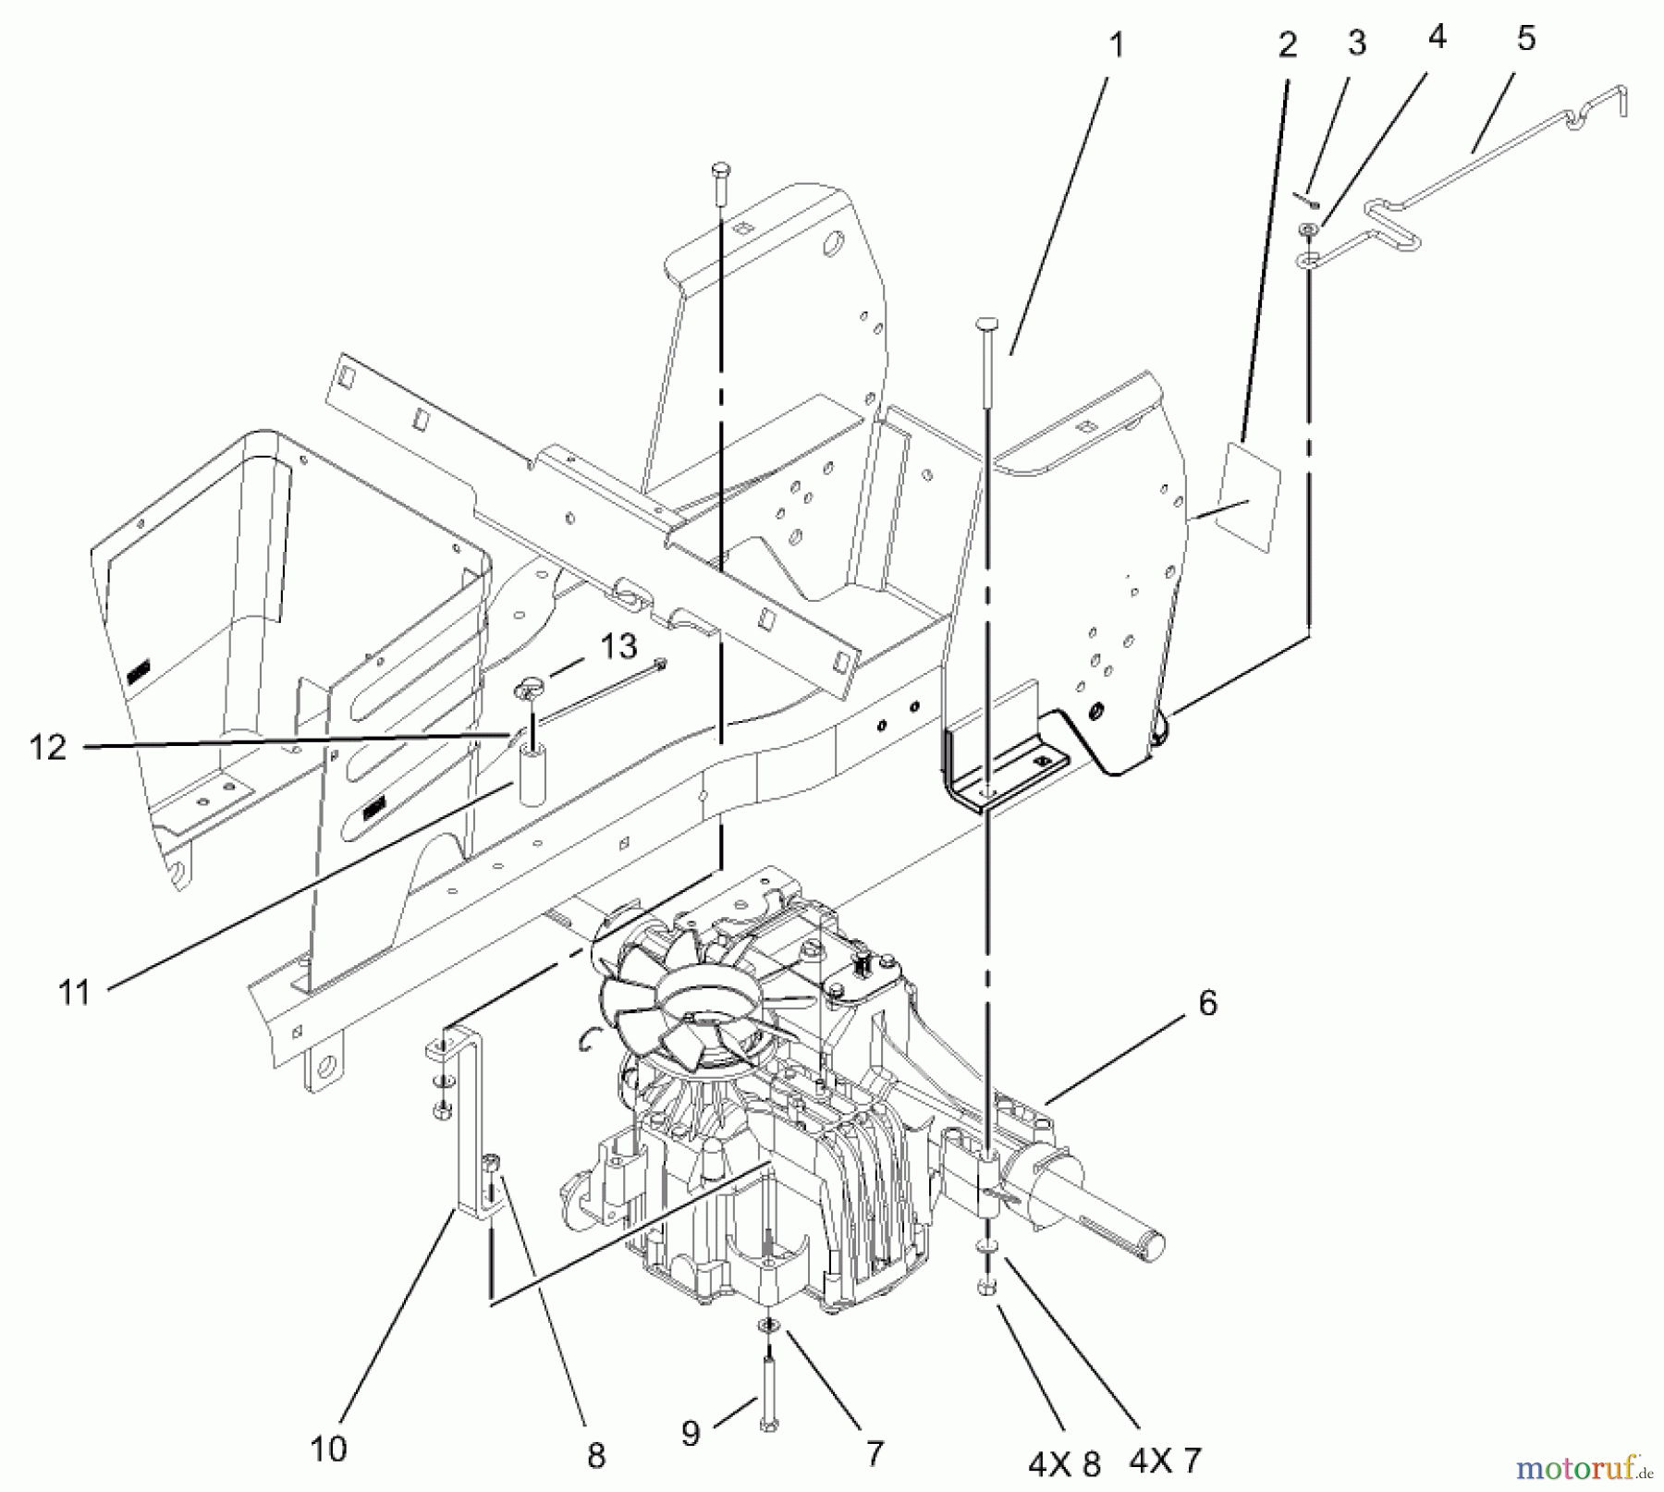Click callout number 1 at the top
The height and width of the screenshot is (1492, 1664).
point(1117,44)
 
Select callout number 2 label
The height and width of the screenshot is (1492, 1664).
point(1288,44)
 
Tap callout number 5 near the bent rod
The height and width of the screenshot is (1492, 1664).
point(1525,39)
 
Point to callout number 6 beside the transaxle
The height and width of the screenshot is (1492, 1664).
point(1207,1003)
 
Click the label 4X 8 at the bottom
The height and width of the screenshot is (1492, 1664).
point(1064,1461)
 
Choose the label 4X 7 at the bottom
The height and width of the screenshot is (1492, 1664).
point(1165,1460)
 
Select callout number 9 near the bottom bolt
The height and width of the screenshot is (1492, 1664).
point(691,1433)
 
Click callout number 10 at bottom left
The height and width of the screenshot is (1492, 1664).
point(328,1448)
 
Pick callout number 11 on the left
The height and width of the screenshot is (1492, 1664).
point(74,993)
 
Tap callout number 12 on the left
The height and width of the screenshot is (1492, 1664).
point(48,747)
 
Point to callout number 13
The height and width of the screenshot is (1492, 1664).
point(618,646)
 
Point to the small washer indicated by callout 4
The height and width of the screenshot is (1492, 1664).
point(1307,229)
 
